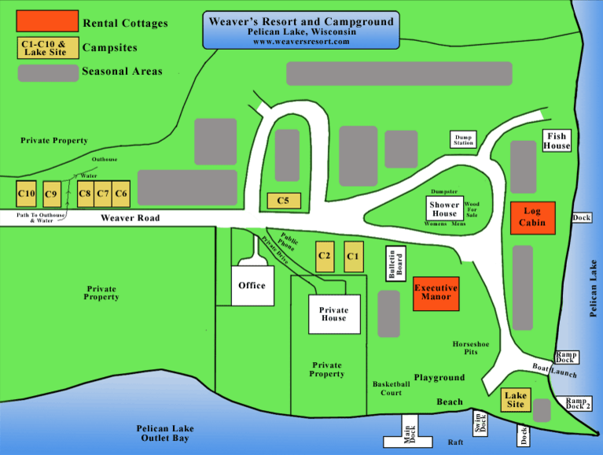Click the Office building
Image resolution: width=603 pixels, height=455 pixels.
[x=252, y=285]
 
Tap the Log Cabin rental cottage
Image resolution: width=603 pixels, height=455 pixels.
[x=532, y=217]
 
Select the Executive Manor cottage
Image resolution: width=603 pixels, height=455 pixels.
[x=436, y=293]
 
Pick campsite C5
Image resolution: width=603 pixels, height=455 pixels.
[x=283, y=201]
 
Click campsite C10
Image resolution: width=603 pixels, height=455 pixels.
[x=27, y=193]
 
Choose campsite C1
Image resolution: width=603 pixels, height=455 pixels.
[x=353, y=256]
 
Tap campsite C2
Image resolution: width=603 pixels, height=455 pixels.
[x=325, y=256]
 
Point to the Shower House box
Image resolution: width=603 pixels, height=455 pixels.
[x=444, y=209]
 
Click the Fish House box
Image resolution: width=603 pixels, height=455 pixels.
[x=557, y=141]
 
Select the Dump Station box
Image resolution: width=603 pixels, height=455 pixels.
[x=464, y=140]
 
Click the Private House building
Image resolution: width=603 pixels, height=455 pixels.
[x=333, y=313]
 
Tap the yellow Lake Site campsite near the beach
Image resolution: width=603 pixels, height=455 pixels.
[x=515, y=400]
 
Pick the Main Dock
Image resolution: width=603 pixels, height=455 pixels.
[x=410, y=432]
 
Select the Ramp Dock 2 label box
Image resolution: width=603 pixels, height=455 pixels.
[x=577, y=402]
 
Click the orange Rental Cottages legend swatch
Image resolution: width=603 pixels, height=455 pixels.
[x=47, y=20]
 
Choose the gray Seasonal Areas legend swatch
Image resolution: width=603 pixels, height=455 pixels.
[x=47, y=72]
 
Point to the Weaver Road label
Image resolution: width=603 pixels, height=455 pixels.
[x=130, y=218]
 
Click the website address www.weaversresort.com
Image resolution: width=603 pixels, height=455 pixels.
[x=301, y=42]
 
